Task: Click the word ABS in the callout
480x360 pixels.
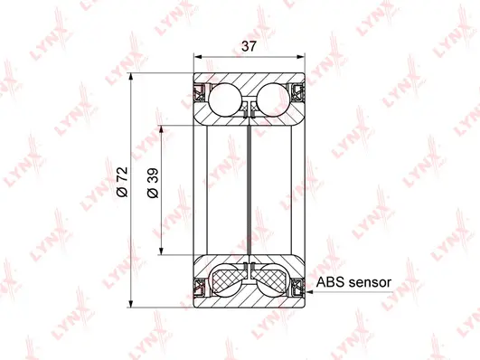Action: click(329, 282)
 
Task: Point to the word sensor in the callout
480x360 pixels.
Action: click(369, 282)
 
